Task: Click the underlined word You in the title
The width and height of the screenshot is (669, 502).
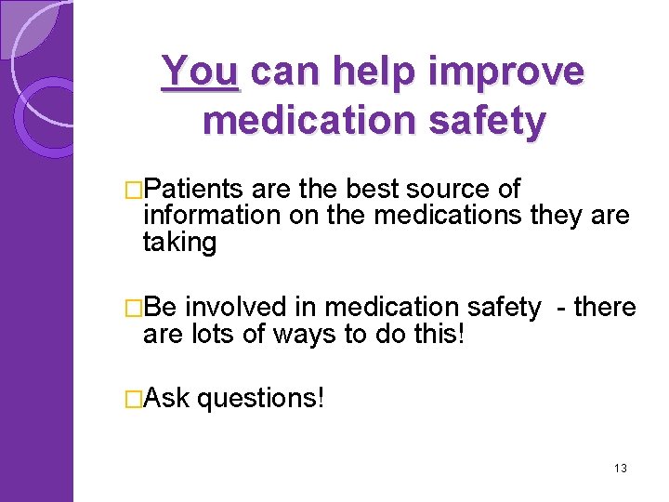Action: pyautogui.click(x=201, y=73)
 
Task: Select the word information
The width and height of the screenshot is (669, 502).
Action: pyautogui.click(x=202, y=217)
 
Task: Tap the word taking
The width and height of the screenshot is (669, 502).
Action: pyautogui.click(x=179, y=243)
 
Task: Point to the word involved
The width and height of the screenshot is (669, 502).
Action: pyautogui.click(x=239, y=307)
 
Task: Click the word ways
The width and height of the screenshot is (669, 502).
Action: pyautogui.click(x=304, y=334)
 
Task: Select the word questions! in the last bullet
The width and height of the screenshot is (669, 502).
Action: pyautogui.click(x=261, y=399)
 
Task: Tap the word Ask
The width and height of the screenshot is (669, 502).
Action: pyautogui.click(x=166, y=399)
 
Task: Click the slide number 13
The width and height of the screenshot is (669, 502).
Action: pyautogui.click(x=620, y=468)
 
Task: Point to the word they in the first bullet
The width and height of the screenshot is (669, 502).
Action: pyautogui.click(x=555, y=217)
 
